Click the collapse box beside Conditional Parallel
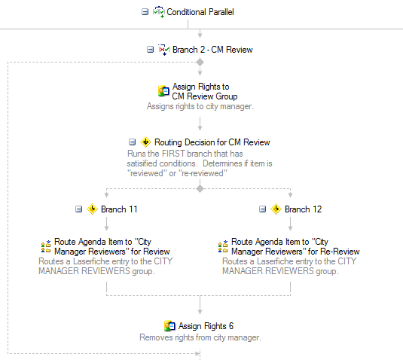pos(145,12)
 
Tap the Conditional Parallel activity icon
pos(159,12)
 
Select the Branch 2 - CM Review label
pos(212,50)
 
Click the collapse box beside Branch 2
pos(150,50)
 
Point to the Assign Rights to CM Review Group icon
pos(163,91)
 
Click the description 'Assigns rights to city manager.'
pos(200,106)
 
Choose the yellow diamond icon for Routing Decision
pos(145,142)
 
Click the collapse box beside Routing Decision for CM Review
pos(132,142)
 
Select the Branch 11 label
pos(119,209)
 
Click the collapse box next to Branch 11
pos(78,209)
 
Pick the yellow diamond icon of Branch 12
pos(276,209)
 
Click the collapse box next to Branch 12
pos(262,209)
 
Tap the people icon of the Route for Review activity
pos(46,247)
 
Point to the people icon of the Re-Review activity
pos(223,247)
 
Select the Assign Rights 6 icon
pos(169,326)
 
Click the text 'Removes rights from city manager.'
pos(200,337)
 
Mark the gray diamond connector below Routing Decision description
pos(200,189)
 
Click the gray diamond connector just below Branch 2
pos(200,63)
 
